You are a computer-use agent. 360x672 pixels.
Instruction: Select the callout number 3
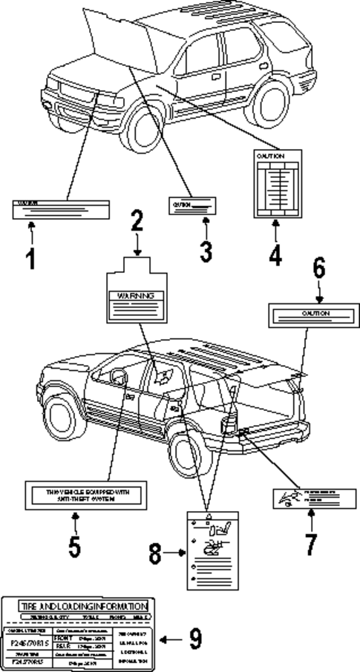(206, 250)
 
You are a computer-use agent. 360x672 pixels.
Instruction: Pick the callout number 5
(75, 546)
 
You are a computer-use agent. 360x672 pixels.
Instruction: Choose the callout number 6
(318, 269)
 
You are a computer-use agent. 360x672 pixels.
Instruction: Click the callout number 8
(154, 553)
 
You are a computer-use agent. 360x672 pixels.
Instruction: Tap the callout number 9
(194, 639)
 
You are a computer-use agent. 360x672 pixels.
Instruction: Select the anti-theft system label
(74, 495)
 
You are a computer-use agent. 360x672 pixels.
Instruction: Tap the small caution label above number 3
(194, 204)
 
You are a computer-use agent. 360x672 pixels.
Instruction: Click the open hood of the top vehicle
(119, 33)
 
